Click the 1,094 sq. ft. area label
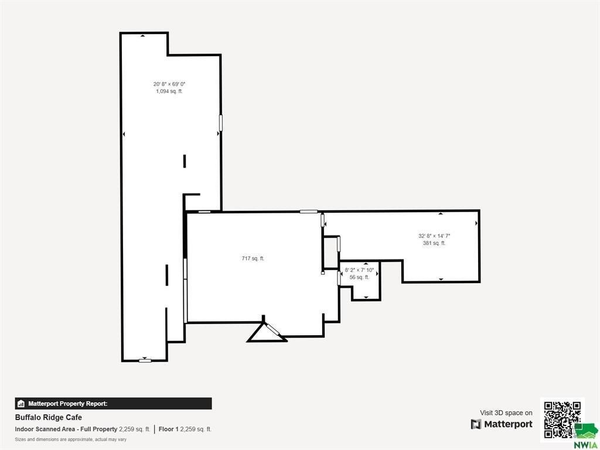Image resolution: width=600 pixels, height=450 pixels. click(169, 91)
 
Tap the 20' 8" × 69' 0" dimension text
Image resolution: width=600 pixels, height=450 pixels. click(169, 84)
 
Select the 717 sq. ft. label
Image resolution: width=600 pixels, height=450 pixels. click(253, 258)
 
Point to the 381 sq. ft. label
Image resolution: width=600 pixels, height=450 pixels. click(434, 243)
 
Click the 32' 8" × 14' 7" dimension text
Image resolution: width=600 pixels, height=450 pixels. click(434, 236)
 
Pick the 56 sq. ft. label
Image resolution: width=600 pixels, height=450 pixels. click(359, 277)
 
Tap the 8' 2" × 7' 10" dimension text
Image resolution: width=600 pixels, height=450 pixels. click(359, 270)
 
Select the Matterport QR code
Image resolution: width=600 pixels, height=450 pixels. click(562, 420)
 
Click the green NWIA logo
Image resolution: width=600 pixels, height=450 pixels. click(585, 435)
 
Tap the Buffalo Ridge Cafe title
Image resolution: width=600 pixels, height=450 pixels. click(49, 417)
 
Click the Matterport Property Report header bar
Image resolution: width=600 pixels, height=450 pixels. click(113, 404)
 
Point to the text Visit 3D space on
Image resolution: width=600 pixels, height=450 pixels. click(506, 413)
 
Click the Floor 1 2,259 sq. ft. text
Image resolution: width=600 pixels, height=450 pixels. click(185, 429)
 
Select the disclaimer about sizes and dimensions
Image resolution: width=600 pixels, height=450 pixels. click(71, 439)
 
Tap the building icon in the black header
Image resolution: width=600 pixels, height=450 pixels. click(21, 404)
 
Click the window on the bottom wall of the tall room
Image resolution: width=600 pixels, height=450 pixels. click(145, 360)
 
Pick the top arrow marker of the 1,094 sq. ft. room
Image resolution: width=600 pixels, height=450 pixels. click(143, 36)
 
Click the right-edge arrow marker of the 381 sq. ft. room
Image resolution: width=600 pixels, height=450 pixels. click(476, 223)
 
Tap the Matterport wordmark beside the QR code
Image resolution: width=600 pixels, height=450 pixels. click(502, 424)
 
